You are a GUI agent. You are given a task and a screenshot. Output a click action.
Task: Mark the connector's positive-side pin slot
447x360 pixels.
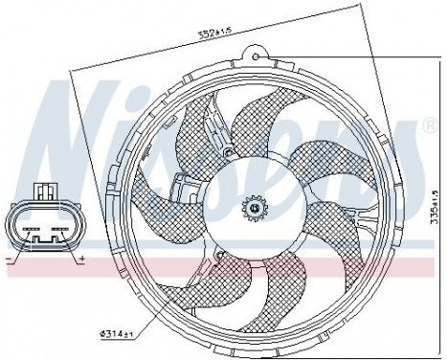tap(59, 231)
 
